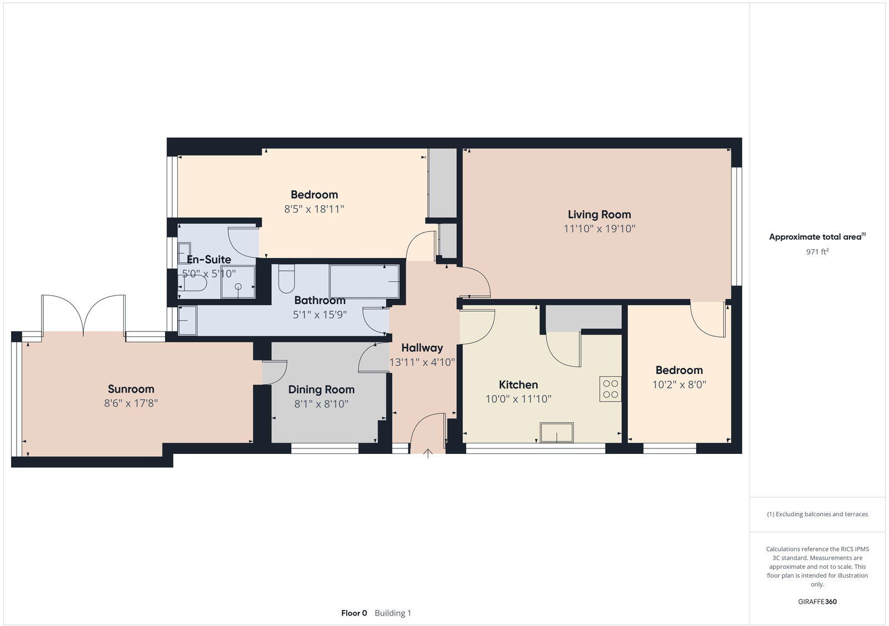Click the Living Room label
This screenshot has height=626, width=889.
click(599, 214)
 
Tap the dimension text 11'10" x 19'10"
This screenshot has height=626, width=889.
click(599, 229)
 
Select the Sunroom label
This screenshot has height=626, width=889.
click(131, 389)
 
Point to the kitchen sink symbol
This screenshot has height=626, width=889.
click(557, 432)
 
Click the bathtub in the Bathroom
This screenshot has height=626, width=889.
click(364, 281)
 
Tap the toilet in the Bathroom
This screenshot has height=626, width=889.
click(286, 279)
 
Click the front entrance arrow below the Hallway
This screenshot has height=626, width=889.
click(428, 453)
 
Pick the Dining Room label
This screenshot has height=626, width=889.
click(321, 390)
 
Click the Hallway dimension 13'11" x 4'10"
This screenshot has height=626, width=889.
click(422, 362)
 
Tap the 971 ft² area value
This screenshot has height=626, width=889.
click(817, 251)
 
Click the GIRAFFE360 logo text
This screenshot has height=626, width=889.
click(817, 602)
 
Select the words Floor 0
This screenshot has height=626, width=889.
click(354, 613)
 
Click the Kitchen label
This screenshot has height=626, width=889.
click(518, 385)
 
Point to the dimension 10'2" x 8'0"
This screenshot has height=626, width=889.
click(678, 385)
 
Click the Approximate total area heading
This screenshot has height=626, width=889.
click(815, 237)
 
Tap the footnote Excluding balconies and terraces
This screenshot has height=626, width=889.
click(817, 514)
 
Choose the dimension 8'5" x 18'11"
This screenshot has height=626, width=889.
click(314, 209)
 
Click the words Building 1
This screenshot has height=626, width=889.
click(393, 613)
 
